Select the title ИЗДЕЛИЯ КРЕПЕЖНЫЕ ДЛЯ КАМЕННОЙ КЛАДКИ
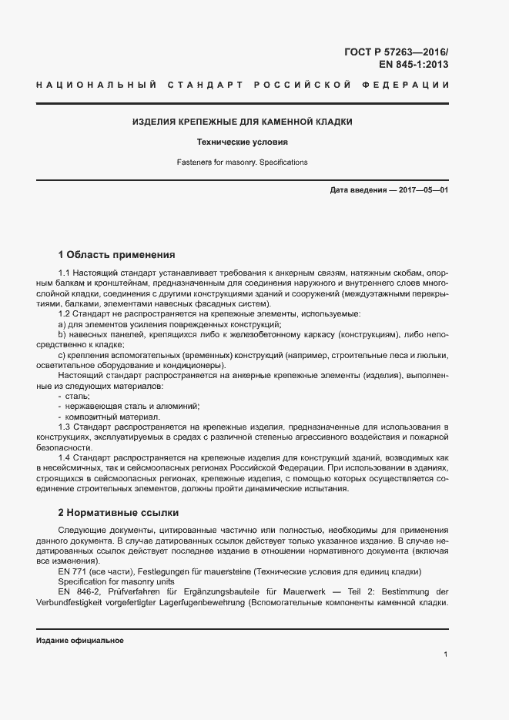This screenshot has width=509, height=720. [x=242, y=122]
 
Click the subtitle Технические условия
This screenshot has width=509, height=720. [x=242, y=142]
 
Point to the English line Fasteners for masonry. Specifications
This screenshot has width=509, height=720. [x=242, y=162]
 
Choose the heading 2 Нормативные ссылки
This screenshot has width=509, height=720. [x=121, y=512]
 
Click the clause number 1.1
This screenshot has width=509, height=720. [x=65, y=273]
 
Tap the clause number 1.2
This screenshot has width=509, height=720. [x=65, y=313]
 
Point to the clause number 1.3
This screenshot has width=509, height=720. [x=65, y=426]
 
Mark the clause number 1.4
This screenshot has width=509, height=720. [x=65, y=457]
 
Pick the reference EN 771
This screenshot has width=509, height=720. [x=72, y=572]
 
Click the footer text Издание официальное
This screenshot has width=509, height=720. [x=80, y=641]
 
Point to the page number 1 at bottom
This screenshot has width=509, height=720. [x=446, y=655]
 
